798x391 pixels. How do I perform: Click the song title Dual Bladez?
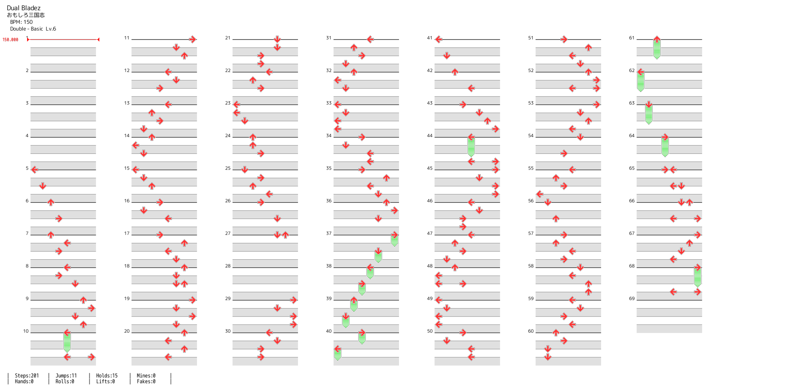coord(24,8)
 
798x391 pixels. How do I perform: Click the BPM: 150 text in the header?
coord(21,22)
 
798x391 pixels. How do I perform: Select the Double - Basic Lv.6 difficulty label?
coord(33,29)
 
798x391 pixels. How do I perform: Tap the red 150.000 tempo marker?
coord(10,40)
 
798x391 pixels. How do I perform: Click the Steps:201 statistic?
coord(27,376)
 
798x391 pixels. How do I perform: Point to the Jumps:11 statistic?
coord(66,376)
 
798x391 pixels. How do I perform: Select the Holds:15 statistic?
coord(107,376)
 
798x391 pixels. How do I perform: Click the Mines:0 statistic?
coord(146,376)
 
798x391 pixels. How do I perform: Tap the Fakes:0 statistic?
coord(146,381)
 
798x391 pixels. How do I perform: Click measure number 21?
coord(228,38)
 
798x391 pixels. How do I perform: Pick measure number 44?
coord(430,136)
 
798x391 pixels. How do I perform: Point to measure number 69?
coord(632,299)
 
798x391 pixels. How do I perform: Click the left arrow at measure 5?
coord(35,170)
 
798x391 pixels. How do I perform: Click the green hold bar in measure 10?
coord(67,342)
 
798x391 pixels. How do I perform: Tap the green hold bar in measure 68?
coord(698,277)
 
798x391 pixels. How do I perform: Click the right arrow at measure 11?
coord(193,39)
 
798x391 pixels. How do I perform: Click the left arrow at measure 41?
coord(439,39)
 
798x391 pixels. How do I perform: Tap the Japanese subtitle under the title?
coord(26,15)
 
